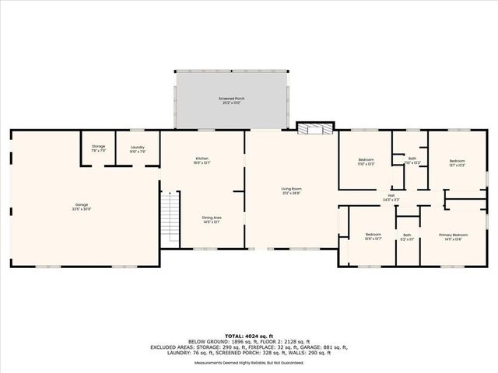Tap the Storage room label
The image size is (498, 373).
point(98,146)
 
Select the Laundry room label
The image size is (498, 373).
point(137,146)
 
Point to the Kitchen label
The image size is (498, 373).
point(202,159)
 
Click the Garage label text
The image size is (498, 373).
point(81,205)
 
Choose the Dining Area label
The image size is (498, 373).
point(202,218)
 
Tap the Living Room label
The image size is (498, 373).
point(292,189)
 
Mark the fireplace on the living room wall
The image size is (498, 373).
point(316,128)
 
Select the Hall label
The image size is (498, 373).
point(391,196)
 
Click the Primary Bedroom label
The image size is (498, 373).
point(453,234)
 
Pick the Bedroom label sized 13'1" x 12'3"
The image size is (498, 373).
point(456,161)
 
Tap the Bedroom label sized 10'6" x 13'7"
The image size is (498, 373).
point(373,234)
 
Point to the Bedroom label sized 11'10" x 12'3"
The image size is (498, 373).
point(366,159)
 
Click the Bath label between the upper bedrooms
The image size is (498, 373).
point(412,159)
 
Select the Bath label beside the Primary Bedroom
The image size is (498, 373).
point(407,235)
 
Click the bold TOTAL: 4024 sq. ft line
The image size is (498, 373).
point(249,335)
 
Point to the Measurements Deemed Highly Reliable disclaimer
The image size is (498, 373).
point(249,362)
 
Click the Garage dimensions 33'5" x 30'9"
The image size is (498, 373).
point(81,210)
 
